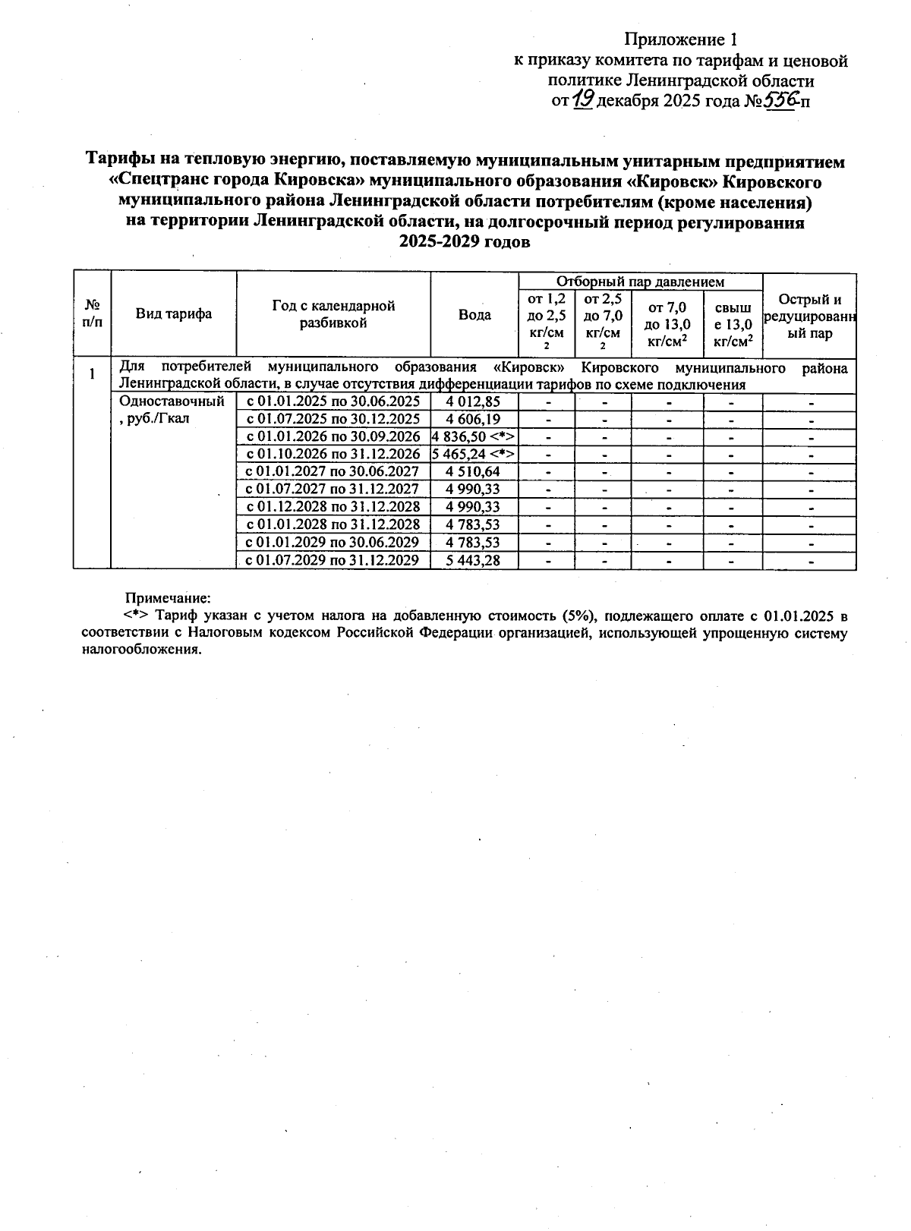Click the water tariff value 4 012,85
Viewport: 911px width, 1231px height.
pyautogui.click(x=474, y=401)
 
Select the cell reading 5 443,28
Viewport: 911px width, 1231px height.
pyautogui.click(x=474, y=561)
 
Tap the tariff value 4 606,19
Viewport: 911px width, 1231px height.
pyautogui.click(x=474, y=419)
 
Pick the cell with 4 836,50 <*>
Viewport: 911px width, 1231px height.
pyautogui.click(x=474, y=436)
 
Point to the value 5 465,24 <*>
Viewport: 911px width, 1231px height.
pyautogui.click(x=474, y=454)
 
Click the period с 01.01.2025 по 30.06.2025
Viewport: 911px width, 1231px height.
pyautogui.click(x=333, y=401)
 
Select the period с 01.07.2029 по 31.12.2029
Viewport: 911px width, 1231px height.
pyautogui.click(x=333, y=561)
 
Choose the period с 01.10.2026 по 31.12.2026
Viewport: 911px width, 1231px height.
pyautogui.click(x=333, y=454)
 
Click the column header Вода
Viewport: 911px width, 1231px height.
pyautogui.click(x=474, y=315)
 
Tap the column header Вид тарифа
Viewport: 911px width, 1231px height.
pyautogui.click(x=174, y=314)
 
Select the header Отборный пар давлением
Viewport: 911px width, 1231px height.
pyautogui.click(x=640, y=282)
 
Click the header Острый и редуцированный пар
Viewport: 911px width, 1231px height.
pyautogui.click(x=809, y=316)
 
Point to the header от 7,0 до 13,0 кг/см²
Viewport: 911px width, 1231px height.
pyautogui.click(x=667, y=324)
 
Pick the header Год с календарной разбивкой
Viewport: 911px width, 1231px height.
pyautogui.click(x=333, y=314)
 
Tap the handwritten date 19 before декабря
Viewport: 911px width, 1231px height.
pyautogui.click(x=582, y=99)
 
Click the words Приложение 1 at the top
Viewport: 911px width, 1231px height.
pyautogui.click(x=680, y=39)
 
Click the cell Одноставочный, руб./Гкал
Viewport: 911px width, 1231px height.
pyautogui.click(x=172, y=410)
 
